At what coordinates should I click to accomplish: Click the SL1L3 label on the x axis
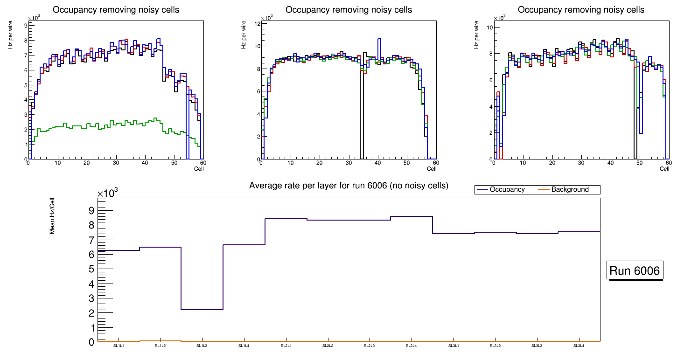point(202,346)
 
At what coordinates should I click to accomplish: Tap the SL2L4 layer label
point(411,346)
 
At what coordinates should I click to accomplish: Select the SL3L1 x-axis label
point(453,346)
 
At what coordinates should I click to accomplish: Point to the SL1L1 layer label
point(118,346)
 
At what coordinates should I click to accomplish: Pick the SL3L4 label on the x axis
point(579,346)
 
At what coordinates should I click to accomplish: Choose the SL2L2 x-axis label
point(328,346)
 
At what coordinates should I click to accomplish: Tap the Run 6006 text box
point(635,271)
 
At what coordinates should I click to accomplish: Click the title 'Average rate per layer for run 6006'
point(349,186)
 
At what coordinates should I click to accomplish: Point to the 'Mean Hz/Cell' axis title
point(53,215)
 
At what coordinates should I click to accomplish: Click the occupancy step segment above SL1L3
point(202,310)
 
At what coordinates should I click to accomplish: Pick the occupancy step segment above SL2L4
point(411,216)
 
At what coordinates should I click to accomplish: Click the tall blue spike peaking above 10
point(379,39)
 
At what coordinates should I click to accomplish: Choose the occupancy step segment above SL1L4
point(244,245)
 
